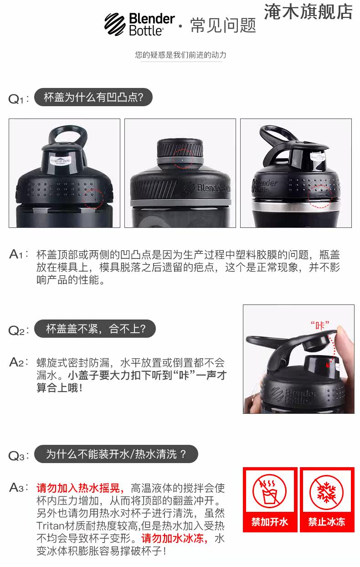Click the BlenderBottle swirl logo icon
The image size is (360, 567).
click(115, 24)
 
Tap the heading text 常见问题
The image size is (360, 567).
click(223, 26)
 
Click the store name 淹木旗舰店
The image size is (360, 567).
click(308, 12)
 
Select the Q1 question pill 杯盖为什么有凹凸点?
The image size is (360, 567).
click(93, 97)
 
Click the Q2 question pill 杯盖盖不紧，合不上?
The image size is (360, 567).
click(95, 329)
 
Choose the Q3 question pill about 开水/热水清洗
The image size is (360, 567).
click(116, 454)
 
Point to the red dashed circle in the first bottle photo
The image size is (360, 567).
click(93, 198)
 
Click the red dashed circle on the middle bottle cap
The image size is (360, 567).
click(183, 159)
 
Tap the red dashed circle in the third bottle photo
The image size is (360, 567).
click(320, 196)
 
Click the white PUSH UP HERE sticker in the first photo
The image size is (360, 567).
click(61, 160)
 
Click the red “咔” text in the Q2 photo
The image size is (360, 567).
click(320, 325)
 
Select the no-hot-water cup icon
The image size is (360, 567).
click(270, 491)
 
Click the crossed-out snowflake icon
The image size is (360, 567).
click(327, 491)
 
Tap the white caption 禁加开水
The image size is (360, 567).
click(270, 522)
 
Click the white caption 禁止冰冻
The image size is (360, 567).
click(327, 522)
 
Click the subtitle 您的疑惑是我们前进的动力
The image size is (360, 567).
click(180, 55)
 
